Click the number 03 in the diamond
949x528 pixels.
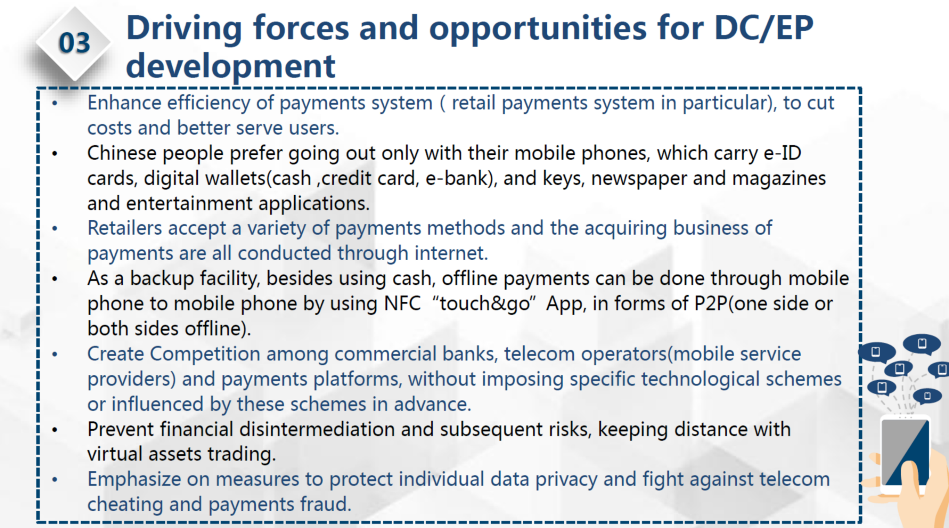tap(75, 43)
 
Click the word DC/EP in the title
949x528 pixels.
tap(763, 28)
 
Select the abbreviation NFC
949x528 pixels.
tap(402, 303)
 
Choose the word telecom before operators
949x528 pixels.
tap(539, 354)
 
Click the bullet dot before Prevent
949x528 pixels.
tap(54, 430)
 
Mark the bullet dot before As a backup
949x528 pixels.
tap(54, 279)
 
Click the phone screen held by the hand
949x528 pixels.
tap(905, 452)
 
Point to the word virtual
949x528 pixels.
tap(115, 454)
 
